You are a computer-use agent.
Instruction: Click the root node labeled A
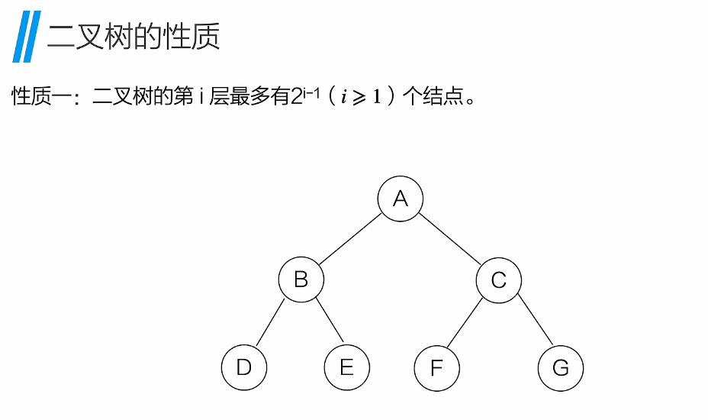pyautogui.click(x=400, y=199)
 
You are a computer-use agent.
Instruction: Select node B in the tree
pyautogui.click(x=301, y=279)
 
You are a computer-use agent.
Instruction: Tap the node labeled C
pyautogui.click(x=498, y=280)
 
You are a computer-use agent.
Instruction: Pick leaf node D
pyautogui.click(x=244, y=368)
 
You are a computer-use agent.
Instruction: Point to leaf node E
pyautogui.click(x=346, y=368)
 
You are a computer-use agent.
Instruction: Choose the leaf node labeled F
pyautogui.click(x=436, y=369)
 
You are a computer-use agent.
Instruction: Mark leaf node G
pyautogui.click(x=560, y=369)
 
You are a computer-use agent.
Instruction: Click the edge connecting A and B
pyautogui.click(x=350, y=240)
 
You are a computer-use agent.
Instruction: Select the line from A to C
pyautogui.click(x=449, y=240)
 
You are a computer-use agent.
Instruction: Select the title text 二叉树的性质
pyautogui.click(x=134, y=37)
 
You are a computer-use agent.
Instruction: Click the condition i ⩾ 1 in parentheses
pyautogui.click(x=360, y=99)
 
